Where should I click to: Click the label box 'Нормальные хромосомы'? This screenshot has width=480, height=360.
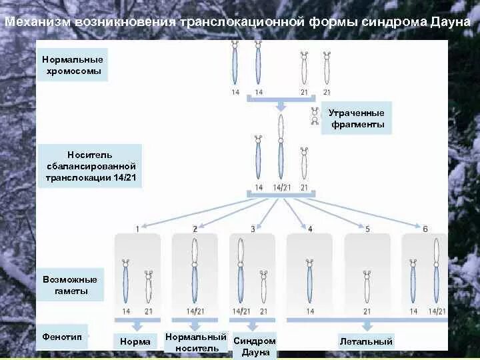tap(72, 65)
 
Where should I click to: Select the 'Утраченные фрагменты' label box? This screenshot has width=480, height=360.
tap(357, 119)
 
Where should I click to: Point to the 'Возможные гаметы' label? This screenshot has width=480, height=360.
tap(70, 285)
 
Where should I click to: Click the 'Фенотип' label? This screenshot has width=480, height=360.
tap(62, 337)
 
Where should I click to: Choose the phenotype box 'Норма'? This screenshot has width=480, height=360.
tap(135, 341)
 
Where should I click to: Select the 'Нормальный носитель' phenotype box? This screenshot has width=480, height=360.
tap(196, 342)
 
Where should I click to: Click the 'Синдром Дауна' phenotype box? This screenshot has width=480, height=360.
tap(255, 346)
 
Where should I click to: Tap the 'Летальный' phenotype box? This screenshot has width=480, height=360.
tap(366, 341)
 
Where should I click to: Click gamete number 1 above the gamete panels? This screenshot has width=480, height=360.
tap(137, 229)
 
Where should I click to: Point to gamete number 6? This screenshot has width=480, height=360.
tap(425, 229)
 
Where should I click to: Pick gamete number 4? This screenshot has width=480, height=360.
tap(310, 229)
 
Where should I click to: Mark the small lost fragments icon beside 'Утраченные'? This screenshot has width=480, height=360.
tap(315, 117)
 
